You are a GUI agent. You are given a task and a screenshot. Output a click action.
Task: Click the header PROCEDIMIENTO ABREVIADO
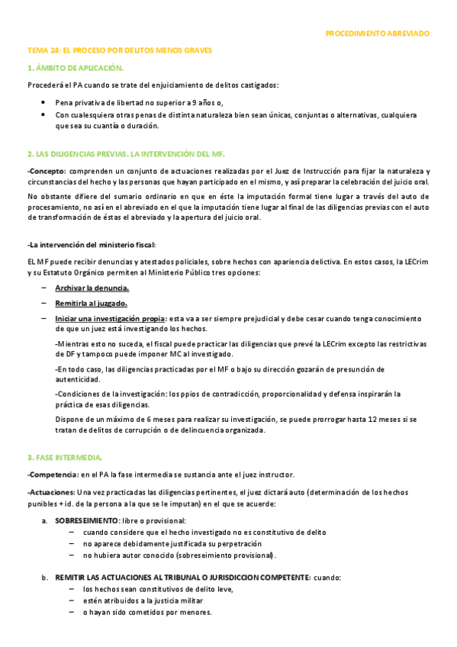377,34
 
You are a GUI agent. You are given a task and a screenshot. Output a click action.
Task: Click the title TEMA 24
119,50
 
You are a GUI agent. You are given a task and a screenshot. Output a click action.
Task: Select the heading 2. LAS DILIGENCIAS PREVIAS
126,154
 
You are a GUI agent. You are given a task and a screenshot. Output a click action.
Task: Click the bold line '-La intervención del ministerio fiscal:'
91,245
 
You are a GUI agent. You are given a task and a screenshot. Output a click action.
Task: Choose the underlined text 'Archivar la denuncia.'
92,288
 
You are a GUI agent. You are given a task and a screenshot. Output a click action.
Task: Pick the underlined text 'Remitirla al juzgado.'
91,303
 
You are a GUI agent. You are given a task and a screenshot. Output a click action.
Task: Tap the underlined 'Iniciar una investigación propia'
110,318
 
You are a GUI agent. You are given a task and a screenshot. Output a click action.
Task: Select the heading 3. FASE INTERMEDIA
64,457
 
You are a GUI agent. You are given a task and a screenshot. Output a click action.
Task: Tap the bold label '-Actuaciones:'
50,491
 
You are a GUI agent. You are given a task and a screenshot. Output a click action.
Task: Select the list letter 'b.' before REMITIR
45,578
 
